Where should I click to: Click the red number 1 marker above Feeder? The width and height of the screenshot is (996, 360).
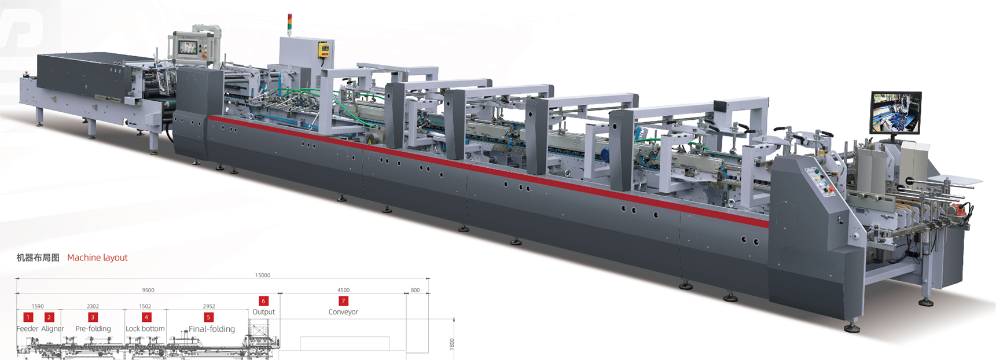pyautogui.click(x=28, y=317)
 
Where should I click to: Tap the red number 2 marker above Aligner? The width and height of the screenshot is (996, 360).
pyautogui.click(x=49, y=317)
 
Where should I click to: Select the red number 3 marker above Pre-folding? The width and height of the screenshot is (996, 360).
pyautogui.click(x=93, y=317)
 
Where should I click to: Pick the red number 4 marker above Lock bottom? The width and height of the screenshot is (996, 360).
pyautogui.click(x=146, y=317)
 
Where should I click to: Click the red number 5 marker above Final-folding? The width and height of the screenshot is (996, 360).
pyautogui.click(x=209, y=317)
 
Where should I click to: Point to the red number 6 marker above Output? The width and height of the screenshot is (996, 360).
pyautogui.click(x=263, y=301)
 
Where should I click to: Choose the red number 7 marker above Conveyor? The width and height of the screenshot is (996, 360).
pyautogui.click(x=343, y=301)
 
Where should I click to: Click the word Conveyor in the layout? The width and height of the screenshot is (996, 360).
pyautogui.click(x=343, y=312)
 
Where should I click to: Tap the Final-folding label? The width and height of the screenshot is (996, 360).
pyautogui.click(x=212, y=329)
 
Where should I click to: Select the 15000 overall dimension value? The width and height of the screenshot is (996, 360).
pyautogui.click(x=263, y=275)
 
